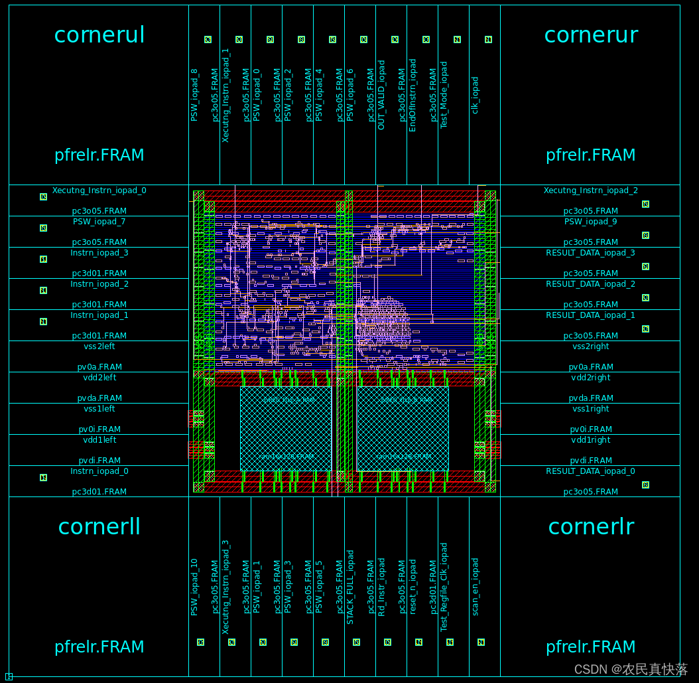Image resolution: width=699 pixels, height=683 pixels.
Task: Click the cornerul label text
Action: click(99, 35)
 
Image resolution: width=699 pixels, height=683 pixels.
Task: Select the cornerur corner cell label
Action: click(591, 35)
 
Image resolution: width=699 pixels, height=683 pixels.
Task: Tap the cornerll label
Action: click(99, 526)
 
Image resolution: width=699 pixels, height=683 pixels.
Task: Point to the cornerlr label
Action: click(591, 526)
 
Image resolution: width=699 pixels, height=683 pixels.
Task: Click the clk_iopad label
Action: click(475, 95)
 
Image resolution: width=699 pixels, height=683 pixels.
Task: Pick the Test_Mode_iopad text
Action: click(444, 95)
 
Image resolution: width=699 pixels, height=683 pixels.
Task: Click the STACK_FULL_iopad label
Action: click(350, 587)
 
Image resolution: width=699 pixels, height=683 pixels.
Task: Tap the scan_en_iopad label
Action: click(475, 587)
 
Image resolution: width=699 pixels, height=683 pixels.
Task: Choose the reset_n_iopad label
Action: click(413, 587)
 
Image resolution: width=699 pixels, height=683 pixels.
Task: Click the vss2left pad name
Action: click(99, 346)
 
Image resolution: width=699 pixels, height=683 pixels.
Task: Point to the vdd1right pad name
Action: click(590, 440)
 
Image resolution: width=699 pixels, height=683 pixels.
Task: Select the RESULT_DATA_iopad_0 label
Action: click(590, 471)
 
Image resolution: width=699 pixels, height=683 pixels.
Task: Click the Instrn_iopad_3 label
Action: click(99, 253)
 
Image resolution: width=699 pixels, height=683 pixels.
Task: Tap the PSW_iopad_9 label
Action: click(590, 222)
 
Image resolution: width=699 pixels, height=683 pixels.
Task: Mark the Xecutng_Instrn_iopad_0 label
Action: click(99, 190)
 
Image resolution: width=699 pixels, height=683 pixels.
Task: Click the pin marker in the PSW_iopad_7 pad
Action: click(44, 228)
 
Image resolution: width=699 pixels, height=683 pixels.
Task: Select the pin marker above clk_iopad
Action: click(488, 40)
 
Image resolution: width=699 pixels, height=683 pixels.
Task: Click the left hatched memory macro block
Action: click(286, 428)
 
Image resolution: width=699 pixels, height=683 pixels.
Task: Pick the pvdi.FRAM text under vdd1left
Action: click(99, 461)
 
